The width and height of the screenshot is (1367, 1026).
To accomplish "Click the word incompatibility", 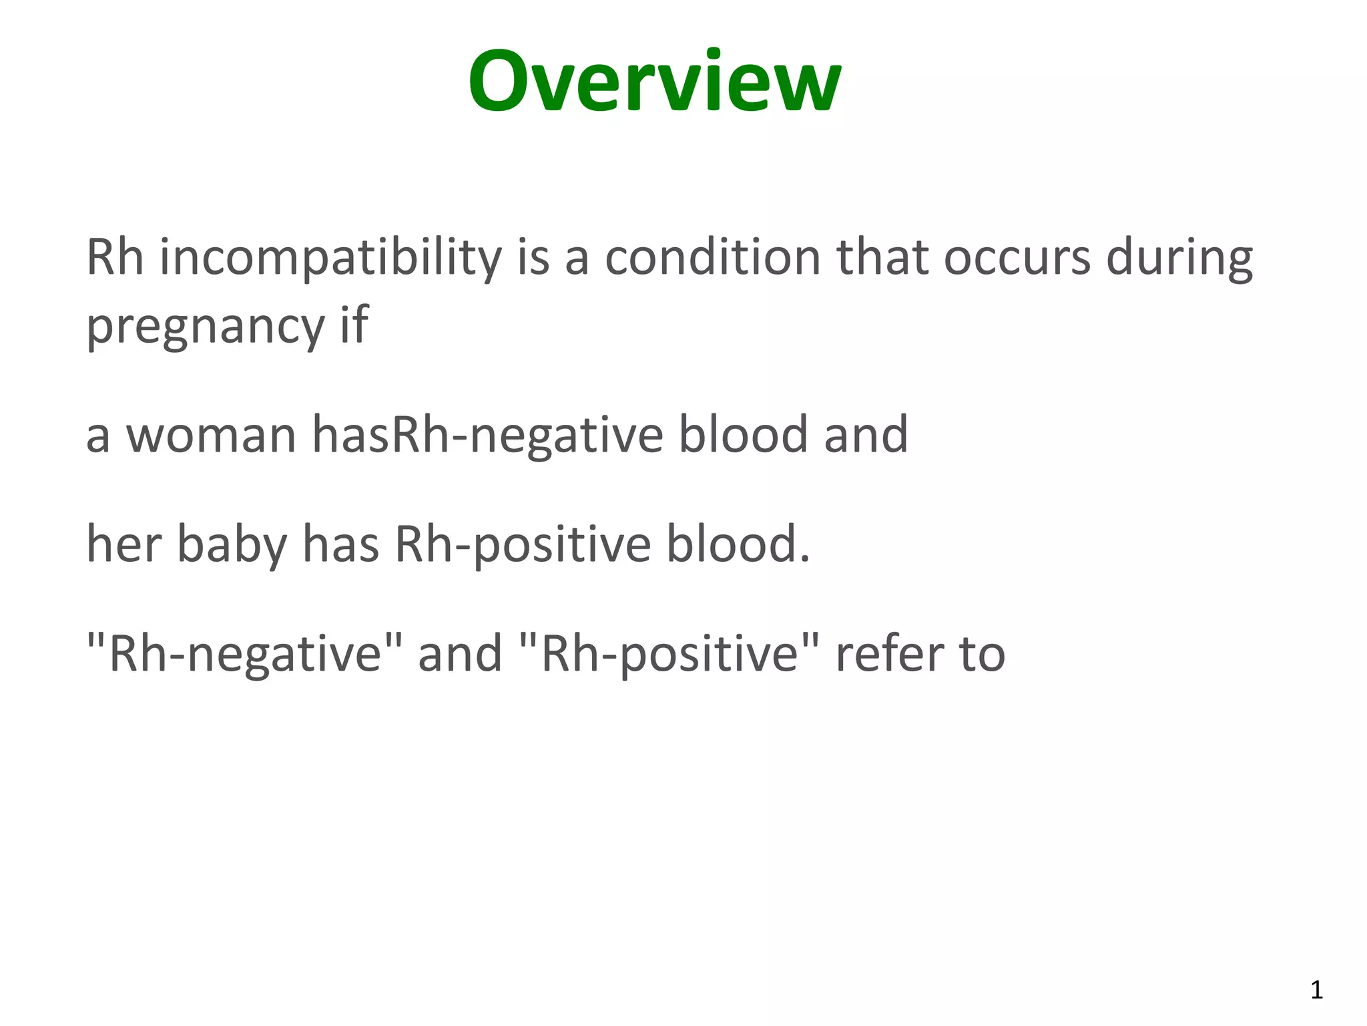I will [x=330, y=259].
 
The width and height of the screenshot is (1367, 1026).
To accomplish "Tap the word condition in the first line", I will [x=712, y=259].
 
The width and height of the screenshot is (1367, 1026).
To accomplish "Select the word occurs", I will [x=1017, y=259].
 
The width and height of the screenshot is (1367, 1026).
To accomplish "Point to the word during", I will [x=1179, y=259].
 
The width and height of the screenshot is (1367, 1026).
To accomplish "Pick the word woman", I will [x=211, y=436].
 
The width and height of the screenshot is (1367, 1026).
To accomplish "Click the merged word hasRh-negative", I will [x=487, y=436].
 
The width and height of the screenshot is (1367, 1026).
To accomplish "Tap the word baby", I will [x=232, y=545].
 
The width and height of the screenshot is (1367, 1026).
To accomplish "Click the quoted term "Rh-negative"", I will [x=245, y=654].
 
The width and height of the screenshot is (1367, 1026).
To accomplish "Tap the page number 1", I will [x=1316, y=990].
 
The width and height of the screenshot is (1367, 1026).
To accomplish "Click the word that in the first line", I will [x=882, y=259].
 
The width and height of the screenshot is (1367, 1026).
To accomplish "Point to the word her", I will [x=124, y=545].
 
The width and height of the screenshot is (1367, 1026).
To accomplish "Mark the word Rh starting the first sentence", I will [x=115, y=259].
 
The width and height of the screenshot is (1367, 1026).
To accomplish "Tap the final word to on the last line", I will [x=982, y=654].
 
